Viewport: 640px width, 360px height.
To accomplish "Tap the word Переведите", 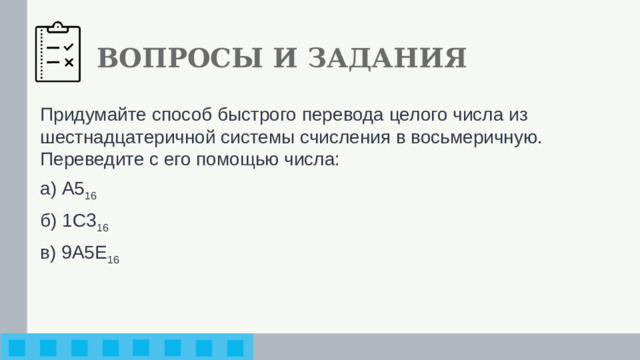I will tap(88, 159).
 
